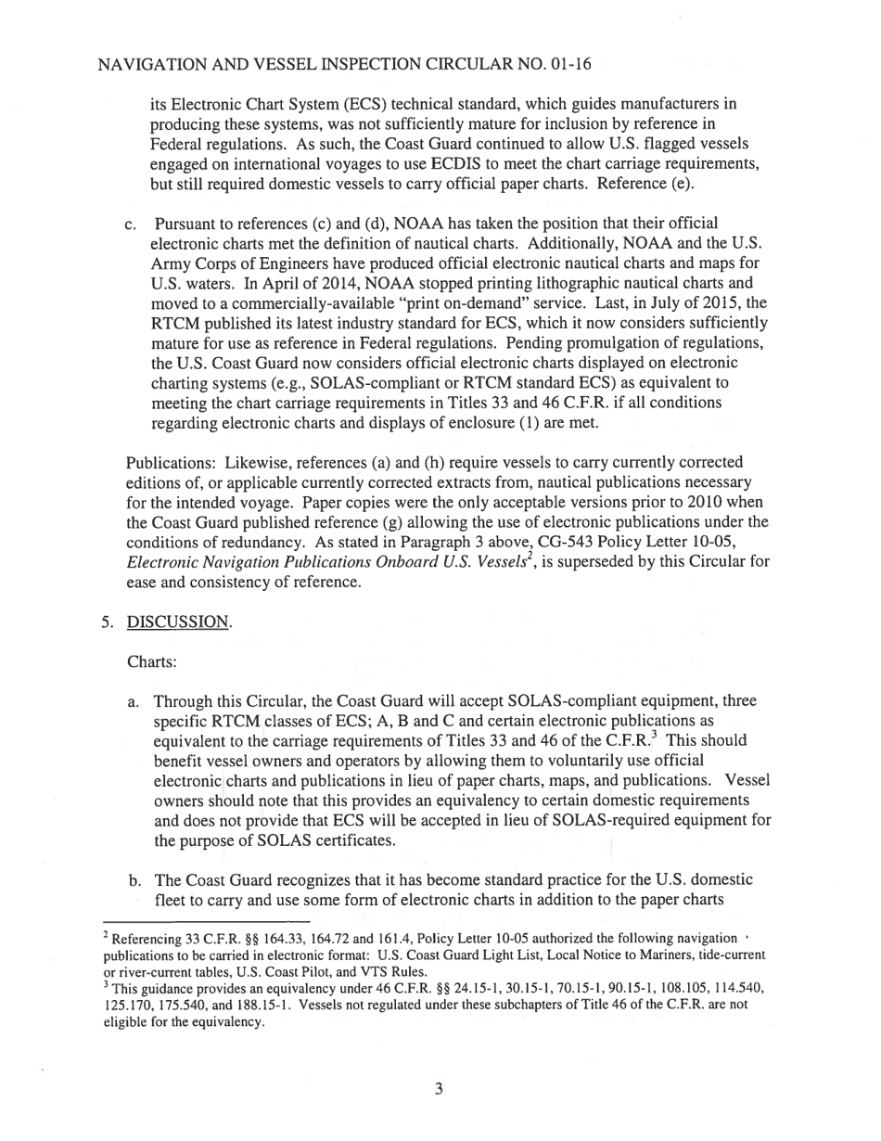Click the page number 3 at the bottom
pos(439,1088)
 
